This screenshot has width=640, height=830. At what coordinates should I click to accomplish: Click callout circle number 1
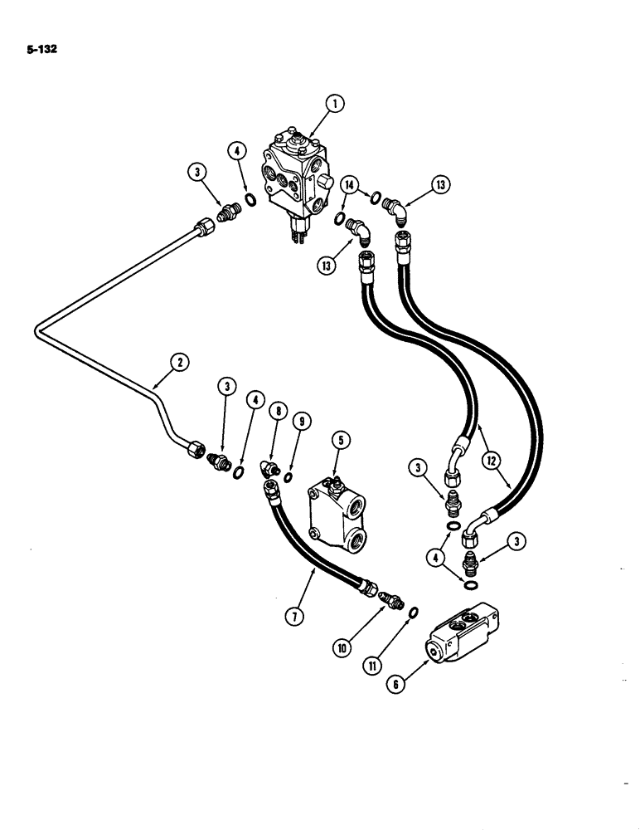(333, 104)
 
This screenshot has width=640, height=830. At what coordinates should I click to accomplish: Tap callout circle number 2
(180, 361)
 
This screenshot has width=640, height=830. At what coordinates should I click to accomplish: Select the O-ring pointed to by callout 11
(414, 613)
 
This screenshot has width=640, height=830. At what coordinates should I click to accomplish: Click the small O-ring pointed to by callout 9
(288, 477)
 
